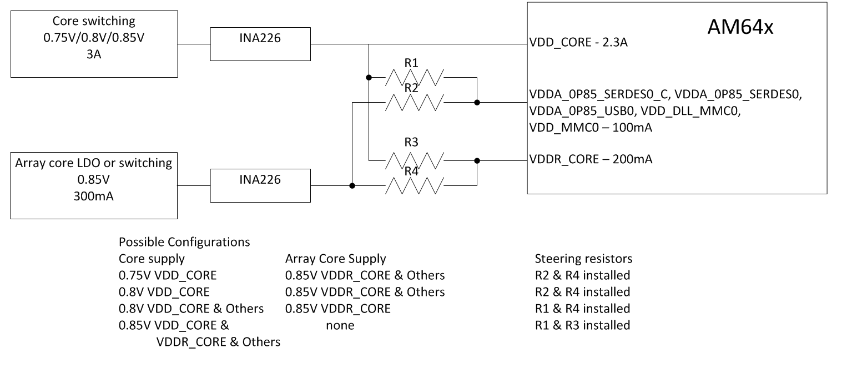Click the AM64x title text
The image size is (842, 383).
pos(740,28)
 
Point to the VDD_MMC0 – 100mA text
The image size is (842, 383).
pos(591,128)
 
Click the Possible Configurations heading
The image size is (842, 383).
pos(184,243)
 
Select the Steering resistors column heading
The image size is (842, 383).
pos(583,259)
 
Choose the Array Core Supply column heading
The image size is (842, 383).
pos(335,259)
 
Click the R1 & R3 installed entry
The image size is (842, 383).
pos(582,325)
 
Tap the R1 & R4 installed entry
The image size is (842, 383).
pos(582,309)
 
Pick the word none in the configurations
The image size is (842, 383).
pos(340,326)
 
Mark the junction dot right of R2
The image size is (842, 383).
pos(477,102)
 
